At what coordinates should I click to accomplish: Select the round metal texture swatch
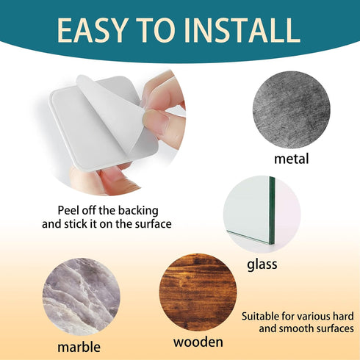(292, 109)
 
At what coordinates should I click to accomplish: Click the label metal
(291, 159)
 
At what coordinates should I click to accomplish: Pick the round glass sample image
(262, 214)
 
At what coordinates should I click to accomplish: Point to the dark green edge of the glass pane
(272, 210)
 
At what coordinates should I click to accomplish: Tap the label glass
(262, 264)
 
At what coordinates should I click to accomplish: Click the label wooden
(198, 342)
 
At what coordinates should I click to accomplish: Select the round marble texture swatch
(82, 297)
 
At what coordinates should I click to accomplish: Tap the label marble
(79, 347)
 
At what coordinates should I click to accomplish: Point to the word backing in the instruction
(138, 211)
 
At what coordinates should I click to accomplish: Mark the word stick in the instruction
(76, 224)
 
